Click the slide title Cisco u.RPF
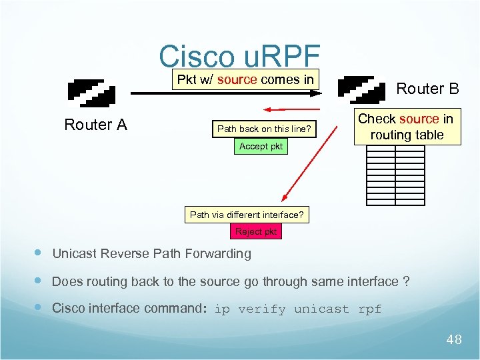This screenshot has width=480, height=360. click(x=240, y=57)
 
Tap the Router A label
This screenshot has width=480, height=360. click(x=95, y=125)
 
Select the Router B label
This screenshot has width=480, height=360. click(x=427, y=89)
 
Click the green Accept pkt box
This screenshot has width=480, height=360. click(x=261, y=146)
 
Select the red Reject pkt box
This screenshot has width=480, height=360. click(x=255, y=231)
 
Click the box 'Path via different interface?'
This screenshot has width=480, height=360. click(x=247, y=215)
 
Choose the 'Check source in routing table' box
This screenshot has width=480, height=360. click(x=406, y=127)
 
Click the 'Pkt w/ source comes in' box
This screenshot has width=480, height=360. click(x=245, y=80)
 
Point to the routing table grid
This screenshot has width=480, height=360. click(x=395, y=175)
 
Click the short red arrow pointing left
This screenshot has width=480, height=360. click(x=293, y=109)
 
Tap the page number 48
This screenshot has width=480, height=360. click(x=453, y=340)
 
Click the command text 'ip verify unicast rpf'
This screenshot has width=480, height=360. click(x=298, y=309)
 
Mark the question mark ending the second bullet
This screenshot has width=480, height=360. click(x=406, y=281)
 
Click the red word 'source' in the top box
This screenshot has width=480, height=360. click(x=237, y=80)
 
